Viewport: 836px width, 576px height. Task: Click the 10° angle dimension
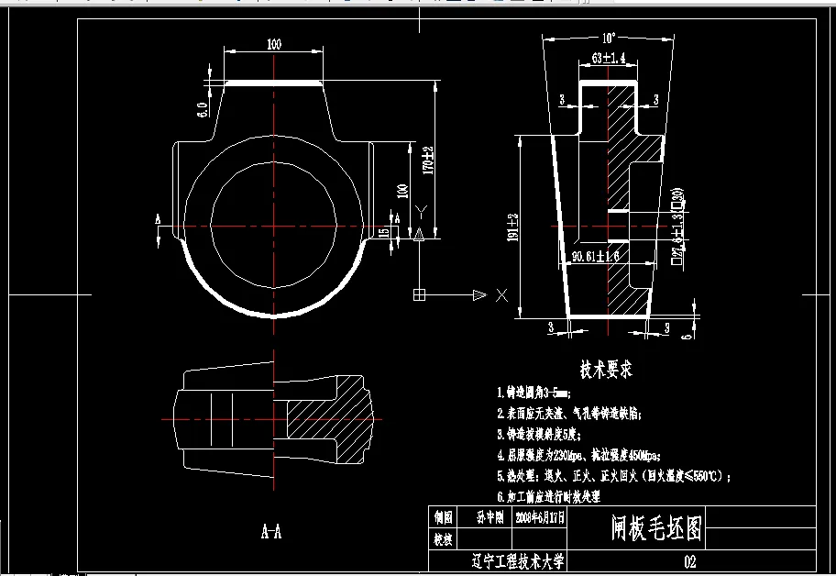tap(608, 39)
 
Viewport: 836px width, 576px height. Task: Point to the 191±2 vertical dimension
tap(513, 227)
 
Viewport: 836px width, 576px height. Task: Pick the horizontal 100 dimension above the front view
tap(274, 44)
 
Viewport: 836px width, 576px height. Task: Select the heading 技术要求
tap(606, 370)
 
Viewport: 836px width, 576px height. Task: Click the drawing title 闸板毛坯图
tap(656, 527)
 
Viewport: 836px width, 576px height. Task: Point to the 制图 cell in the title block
tap(443, 517)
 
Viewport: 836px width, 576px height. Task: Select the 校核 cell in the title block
tap(443, 539)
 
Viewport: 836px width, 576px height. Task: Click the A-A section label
tap(271, 530)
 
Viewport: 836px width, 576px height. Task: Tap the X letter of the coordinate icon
tap(501, 295)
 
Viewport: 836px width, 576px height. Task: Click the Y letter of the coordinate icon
tap(420, 213)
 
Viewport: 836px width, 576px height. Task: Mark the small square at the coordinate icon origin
tap(419, 294)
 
